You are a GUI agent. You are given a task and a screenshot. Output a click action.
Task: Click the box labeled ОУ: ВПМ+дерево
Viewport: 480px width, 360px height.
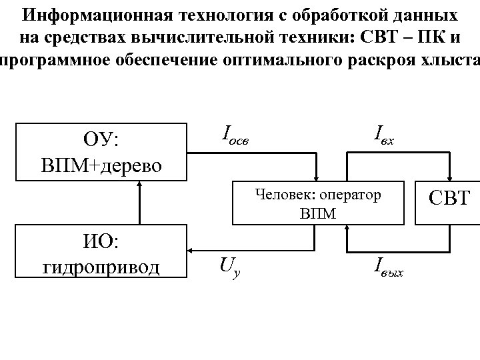[102, 151]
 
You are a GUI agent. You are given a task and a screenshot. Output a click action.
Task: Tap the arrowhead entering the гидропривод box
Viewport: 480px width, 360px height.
[191, 251]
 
